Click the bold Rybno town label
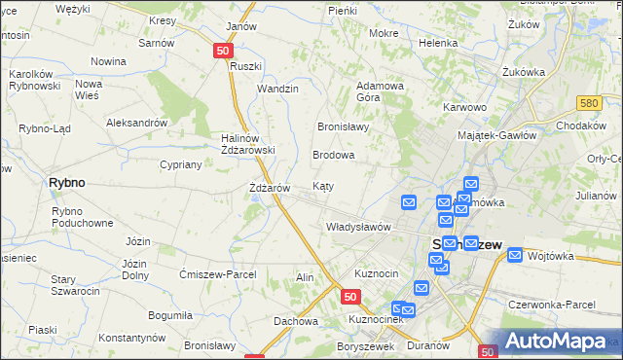click(x=67, y=182)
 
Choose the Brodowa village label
click(x=333, y=155)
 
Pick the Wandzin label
click(x=277, y=89)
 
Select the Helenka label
click(x=438, y=43)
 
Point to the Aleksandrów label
click(x=137, y=124)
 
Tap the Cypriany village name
click(x=180, y=164)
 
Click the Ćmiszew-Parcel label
click(x=218, y=274)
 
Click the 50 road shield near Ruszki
click(x=224, y=51)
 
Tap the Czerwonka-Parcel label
click(x=551, y=305)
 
